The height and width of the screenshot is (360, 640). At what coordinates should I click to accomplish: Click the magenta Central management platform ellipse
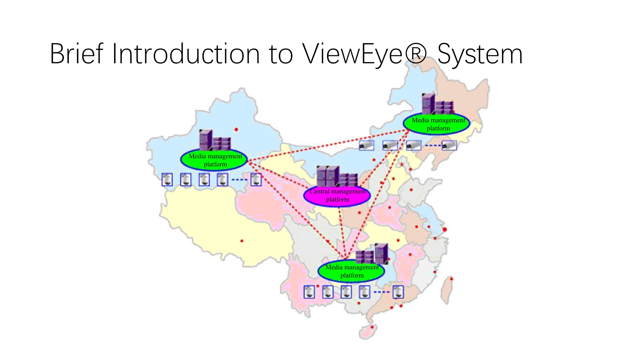tap(337, 196)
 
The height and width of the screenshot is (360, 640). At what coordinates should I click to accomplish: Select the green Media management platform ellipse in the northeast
tap(437, 124)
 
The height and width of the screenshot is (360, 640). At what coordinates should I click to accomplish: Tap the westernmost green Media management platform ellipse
tap(214, 160)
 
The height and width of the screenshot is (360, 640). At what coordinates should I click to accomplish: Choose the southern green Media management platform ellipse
tap(351, 271)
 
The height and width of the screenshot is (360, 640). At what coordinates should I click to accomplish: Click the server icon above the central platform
tap(337, 176)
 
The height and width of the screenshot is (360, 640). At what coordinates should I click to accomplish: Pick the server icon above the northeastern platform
tap(437, 104)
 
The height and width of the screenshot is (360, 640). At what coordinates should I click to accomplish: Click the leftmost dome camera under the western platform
tap(167, 180)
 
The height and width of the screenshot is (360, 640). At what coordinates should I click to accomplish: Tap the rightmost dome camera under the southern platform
tap(398, 292)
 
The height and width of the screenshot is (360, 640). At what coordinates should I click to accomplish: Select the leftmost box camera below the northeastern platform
tap(366, 146)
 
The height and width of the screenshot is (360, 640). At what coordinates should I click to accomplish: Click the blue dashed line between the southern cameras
tap(381, 292)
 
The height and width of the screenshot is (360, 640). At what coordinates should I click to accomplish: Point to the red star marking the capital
tap(402, 164)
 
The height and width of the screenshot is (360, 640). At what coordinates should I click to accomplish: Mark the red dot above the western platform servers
tap(236, 130)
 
